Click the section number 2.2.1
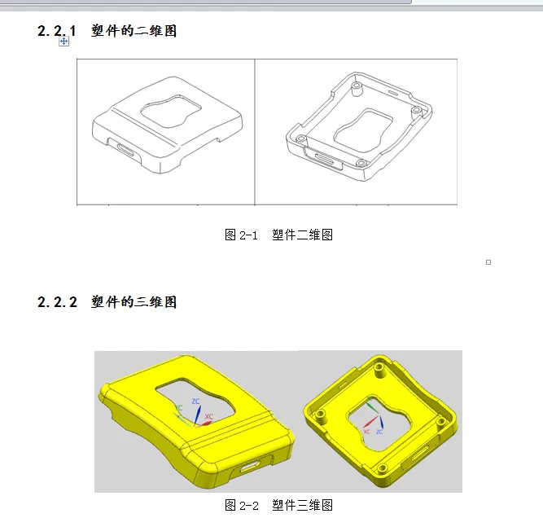coord(57,31)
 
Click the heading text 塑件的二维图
coord(134,31)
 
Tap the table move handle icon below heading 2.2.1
coord(63,41)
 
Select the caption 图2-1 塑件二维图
coord(278,235)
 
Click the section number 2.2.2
coord(57,302)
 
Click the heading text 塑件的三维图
coord(134,302)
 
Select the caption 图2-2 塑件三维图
coord(278,505)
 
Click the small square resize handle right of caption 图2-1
coord(488,261)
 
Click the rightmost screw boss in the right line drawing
coord(415,109)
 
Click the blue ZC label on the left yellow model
coord(195,402)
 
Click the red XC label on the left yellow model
coord(209,416)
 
